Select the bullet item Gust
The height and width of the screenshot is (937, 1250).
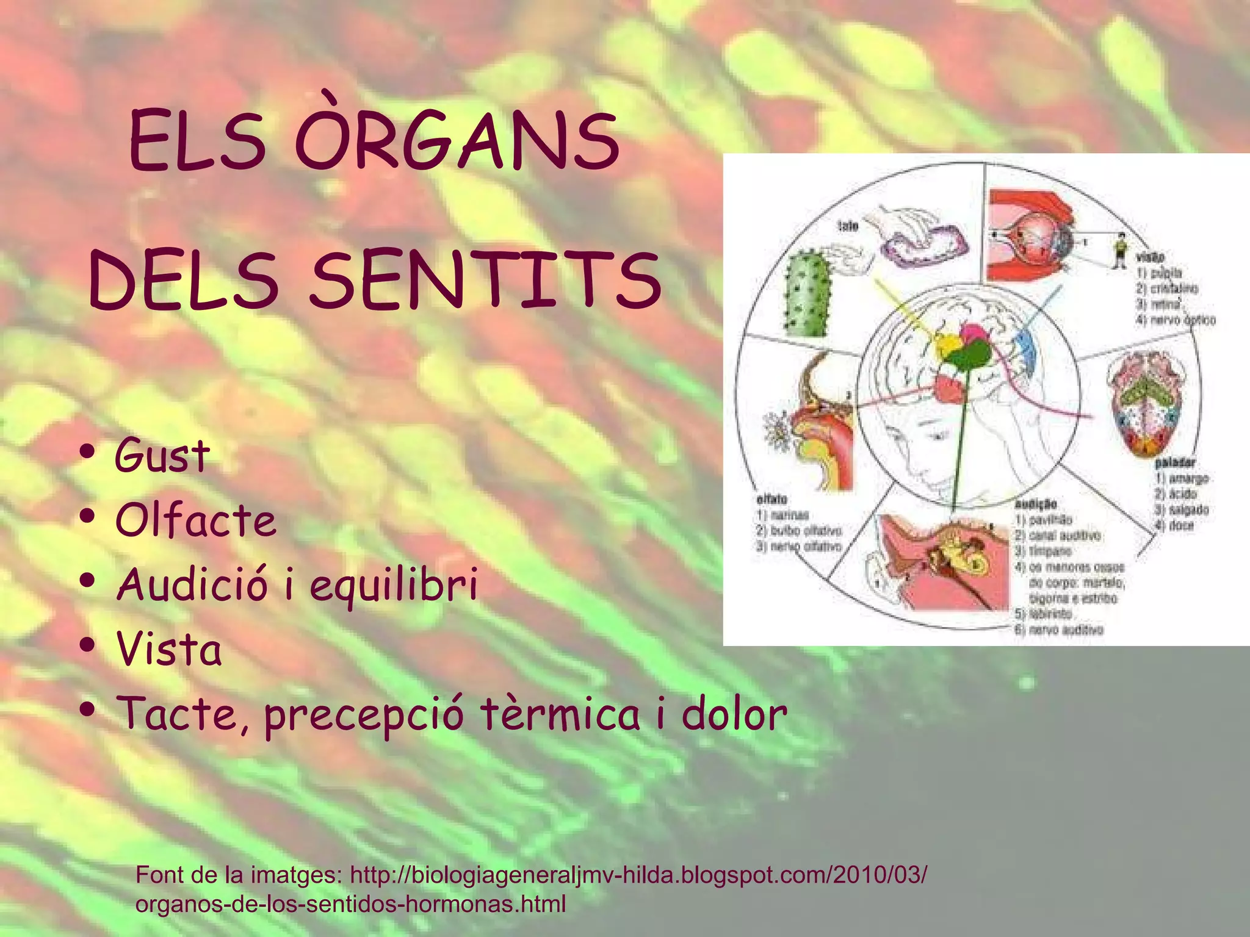[162, 455]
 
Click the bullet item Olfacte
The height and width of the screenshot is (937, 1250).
[196, 520]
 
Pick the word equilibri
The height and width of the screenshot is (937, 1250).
[394, 584]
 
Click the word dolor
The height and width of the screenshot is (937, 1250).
[734, 714]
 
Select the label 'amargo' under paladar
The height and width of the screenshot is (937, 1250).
[1188, 478]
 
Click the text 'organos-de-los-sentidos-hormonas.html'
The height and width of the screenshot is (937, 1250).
[351, 904]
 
